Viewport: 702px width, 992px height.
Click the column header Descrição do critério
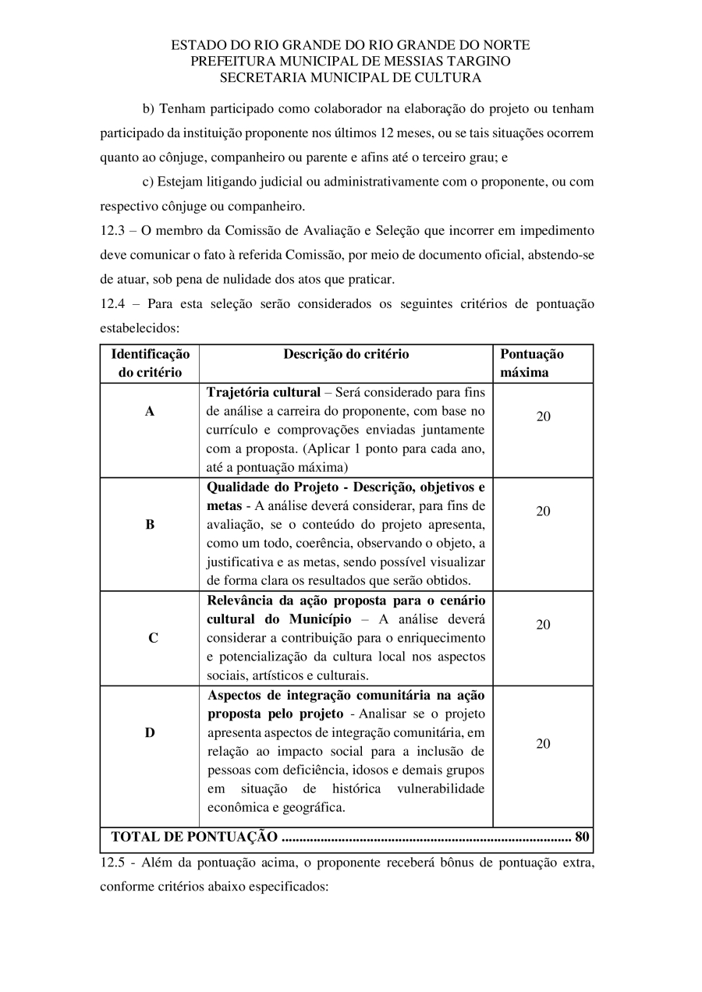click(x=346, y=354)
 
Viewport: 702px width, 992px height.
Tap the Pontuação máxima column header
click(x=532, y=363)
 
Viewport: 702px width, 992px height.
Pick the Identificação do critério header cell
click(x=150, y=363)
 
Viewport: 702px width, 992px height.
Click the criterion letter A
click(x=150, y=411)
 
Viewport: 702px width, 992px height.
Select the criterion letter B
click(x=150, y=525)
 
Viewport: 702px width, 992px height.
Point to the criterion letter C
click(x=153, y=638)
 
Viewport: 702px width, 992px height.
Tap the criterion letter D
click(x=150, y=732)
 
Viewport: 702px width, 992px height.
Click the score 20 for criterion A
click(x=543, y=416)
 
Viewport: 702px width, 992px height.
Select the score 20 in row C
click(x=543, y=625)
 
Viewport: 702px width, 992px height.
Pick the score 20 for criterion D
click(x=543, y=743)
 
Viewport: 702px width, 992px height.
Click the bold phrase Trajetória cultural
click(x=264, y=392)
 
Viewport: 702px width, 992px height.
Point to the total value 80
click(x=582, y=838)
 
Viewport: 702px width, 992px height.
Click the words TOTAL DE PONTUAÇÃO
click(x=194, y=838)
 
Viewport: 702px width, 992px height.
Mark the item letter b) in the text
click(x=148, y=108)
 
